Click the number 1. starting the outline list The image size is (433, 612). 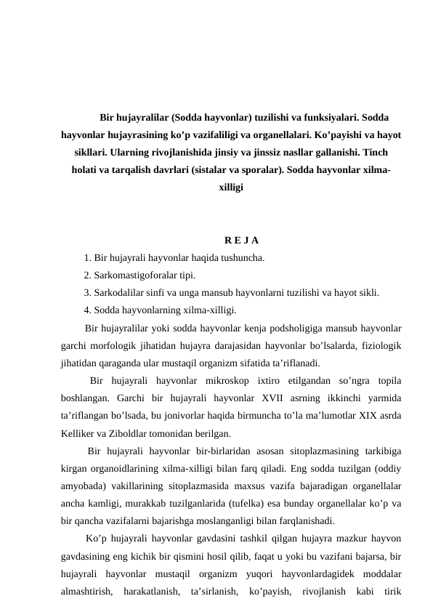88,257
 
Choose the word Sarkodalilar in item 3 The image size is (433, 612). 121,294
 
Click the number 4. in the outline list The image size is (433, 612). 88,311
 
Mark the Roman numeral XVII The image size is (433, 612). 268,399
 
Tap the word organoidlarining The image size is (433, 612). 127,470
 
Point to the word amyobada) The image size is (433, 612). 84,488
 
